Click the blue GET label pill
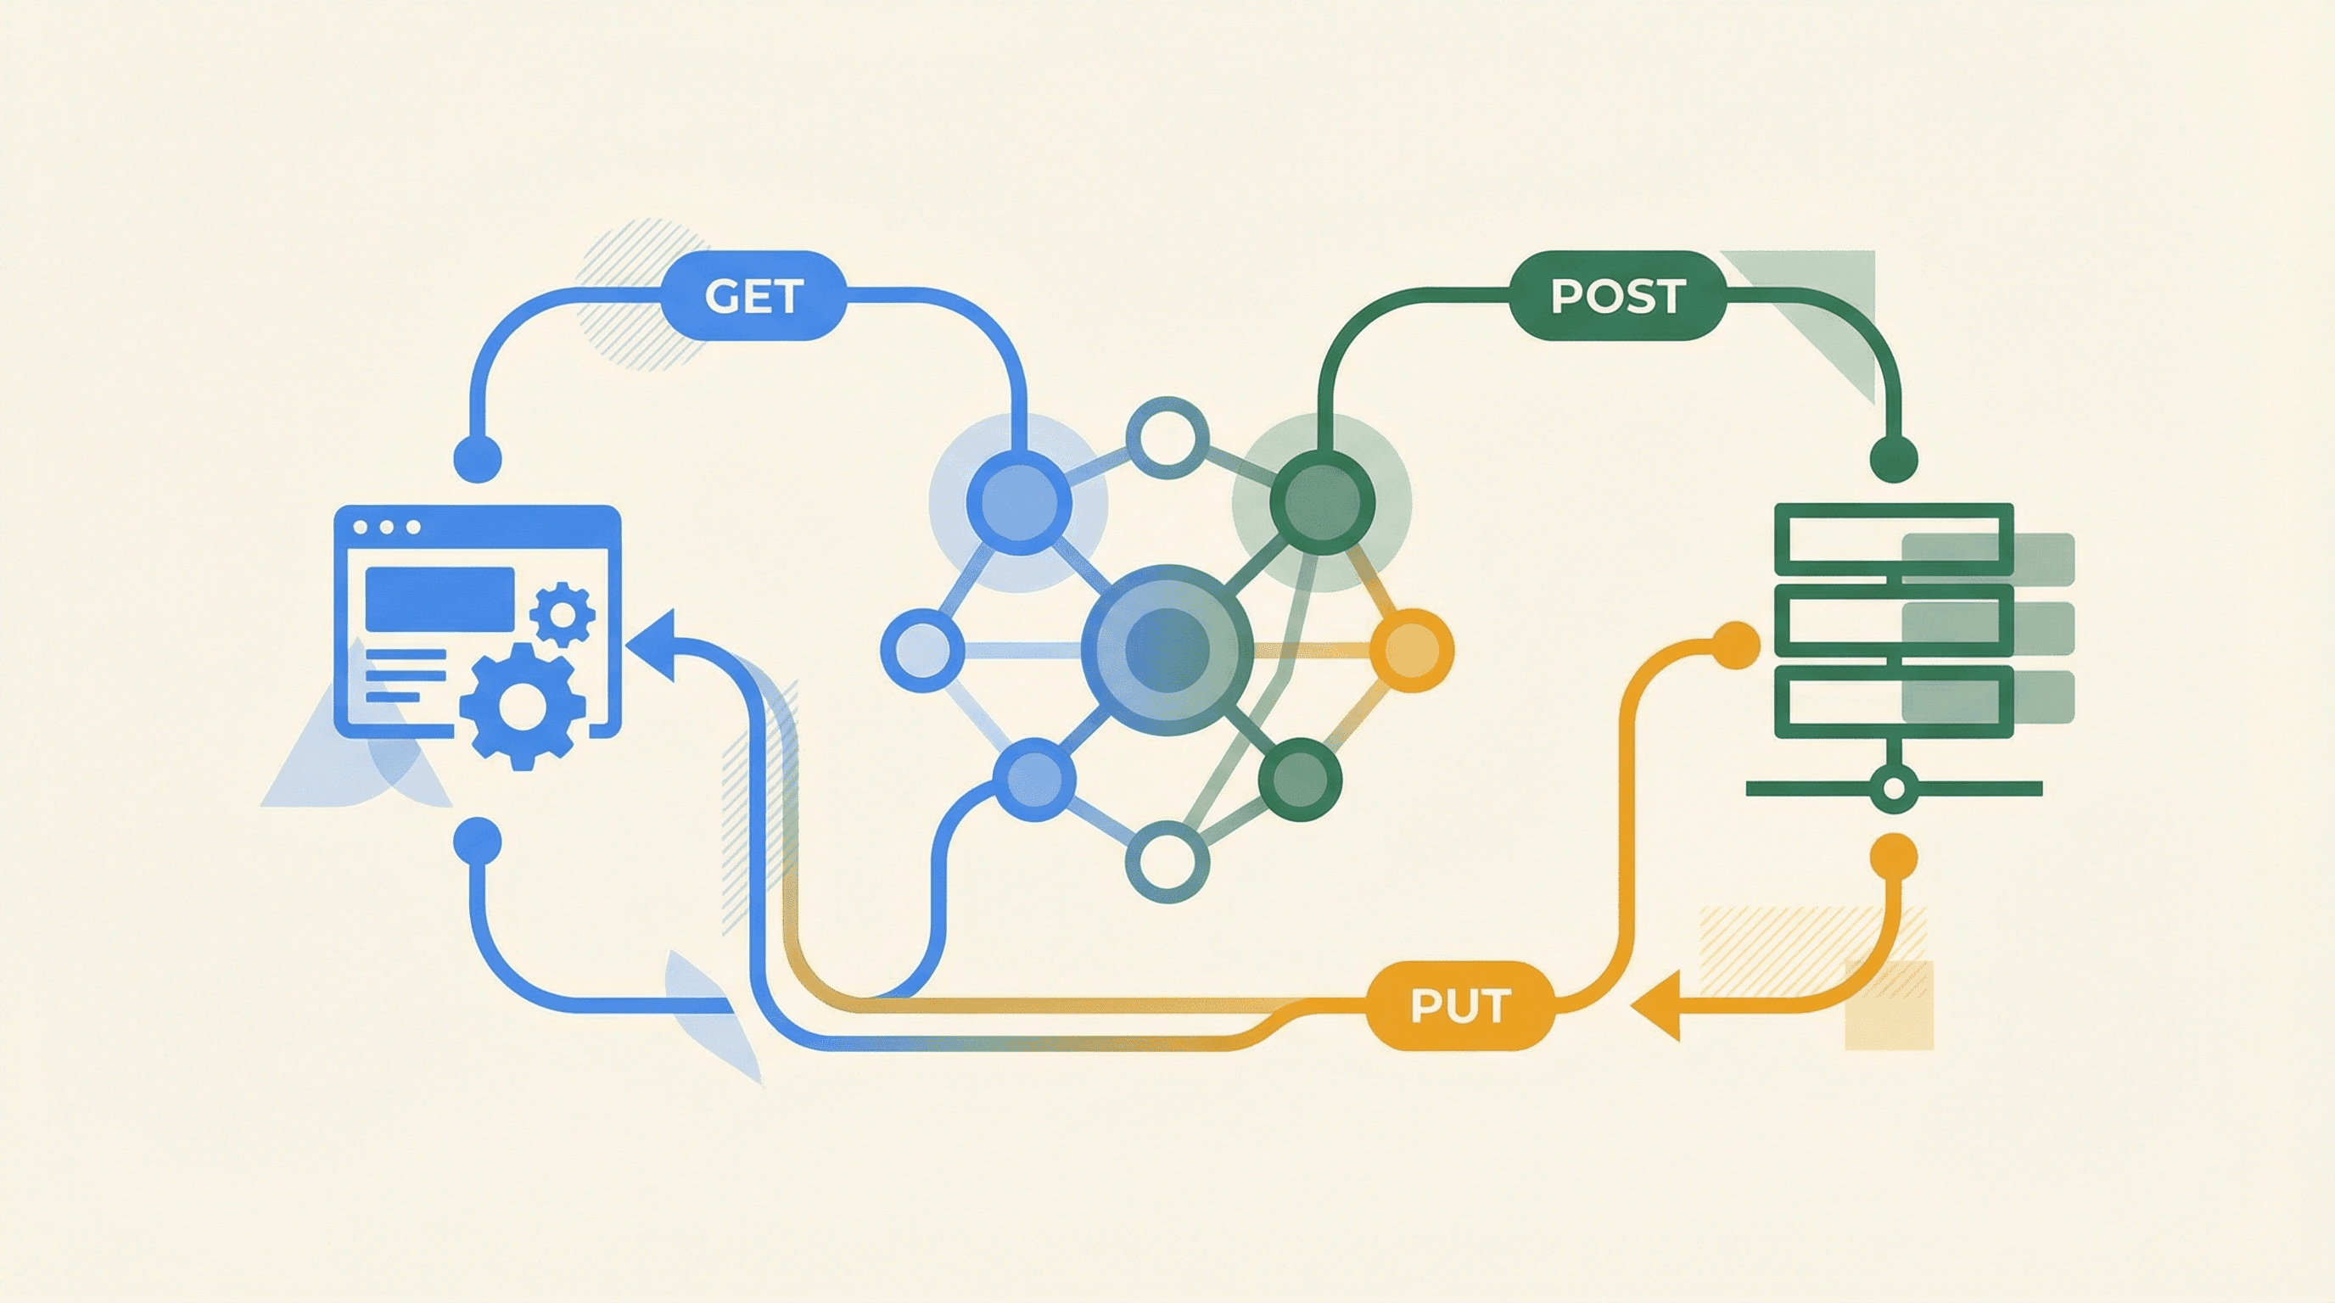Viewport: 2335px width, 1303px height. tap(753, 296)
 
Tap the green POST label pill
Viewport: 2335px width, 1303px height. tap(1617, 296)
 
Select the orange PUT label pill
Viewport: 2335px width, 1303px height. tap(1459, 1007)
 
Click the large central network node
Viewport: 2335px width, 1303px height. tap(1167, 650)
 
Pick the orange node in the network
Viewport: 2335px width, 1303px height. tap(1411, 650)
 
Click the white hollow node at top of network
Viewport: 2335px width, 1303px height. tap(1167, 438)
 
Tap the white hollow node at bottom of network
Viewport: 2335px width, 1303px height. tap(1167, 862)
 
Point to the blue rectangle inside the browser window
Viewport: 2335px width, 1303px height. tap(440, 599)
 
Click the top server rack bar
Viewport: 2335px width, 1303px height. tap(1894, 540)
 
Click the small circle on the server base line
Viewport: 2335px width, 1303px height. tap(1894, 788)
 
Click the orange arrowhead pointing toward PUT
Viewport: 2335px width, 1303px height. tap(1659, 1006)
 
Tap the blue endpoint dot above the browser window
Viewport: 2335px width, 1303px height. tap(477, 457)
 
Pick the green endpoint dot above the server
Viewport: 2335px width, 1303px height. tap(1894, 458)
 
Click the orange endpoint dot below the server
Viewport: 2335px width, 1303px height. tap(1894, 856)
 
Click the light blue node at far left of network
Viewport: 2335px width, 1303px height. tap(921, 650)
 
